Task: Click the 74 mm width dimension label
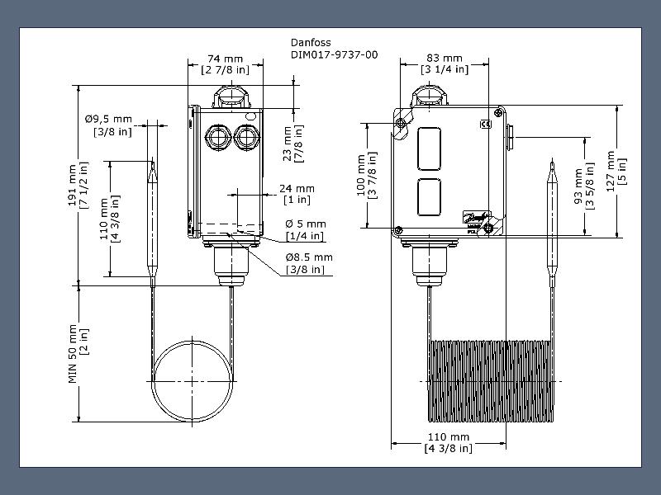tap(225, 64)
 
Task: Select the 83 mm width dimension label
tap(445, 64)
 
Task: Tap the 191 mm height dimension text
tap(78, 185)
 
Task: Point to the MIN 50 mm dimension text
tap(78, 354)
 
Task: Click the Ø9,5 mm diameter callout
tap(109, 125)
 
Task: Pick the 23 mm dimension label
tap(293, 144)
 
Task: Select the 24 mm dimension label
tap(297, 194)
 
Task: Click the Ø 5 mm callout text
tap(305, 229)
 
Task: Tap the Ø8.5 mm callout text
tap(309, 263)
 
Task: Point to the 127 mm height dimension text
tap(616, 172)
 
